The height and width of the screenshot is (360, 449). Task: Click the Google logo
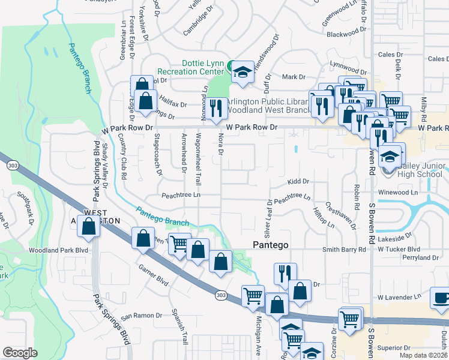(20, 353)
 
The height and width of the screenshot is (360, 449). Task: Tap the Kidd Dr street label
(298, 181)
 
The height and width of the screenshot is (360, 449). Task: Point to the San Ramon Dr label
(142, 316)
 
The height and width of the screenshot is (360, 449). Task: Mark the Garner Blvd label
(153, 274)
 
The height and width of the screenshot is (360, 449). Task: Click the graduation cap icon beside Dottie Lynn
(241, 71)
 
